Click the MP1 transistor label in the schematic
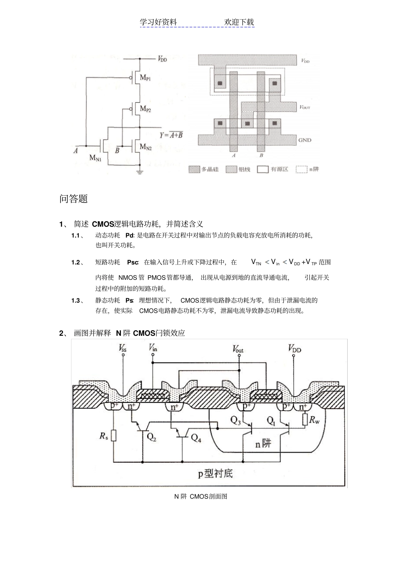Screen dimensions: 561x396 pyautogui.click(x=145, y=78)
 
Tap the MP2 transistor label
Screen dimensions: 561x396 pyautogui.click(x=145, y=109)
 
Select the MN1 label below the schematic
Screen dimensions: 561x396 pyautogui.click(x=95, y=158)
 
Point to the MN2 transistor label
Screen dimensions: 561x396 pyautogui.click(x=145, y=146)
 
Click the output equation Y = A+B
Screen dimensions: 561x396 pyautogui.click(x=171, y=135)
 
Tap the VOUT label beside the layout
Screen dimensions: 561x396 pyautogui.click(x=305, y=107)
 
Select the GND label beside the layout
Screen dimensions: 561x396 pyautogui.click(x=305, y=140)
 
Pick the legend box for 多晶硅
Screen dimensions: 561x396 pyautogui.click(x=194, y=169)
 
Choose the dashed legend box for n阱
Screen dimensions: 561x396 pyautogui.click(x=301, y=169)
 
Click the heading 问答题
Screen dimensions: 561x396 pyautogui.click(x=74, y=199)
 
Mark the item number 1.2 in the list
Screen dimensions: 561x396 pyautogui.click(x=75, y=262)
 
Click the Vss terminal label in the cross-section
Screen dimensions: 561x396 pyautogui.click(x=123, y=348)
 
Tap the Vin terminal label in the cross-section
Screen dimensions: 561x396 pyautogui.click(x=153, y=347)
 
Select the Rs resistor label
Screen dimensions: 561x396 pyautogui.click(x=104, y=436)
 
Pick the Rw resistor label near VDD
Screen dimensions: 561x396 pyautogui.click(x=314, y=420)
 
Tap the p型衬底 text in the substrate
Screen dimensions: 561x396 pyautogui.click(x=215, y=473)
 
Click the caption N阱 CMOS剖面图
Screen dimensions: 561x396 pyautogui.click(x=201, y=496)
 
